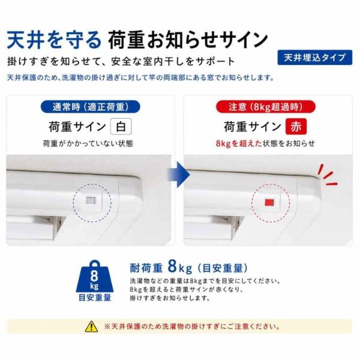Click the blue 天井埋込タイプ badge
click(314, 58)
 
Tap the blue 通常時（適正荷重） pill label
click(90, 107)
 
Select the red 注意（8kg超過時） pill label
click(266, 107)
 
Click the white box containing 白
click(121, 126)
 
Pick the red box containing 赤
click(296, 126)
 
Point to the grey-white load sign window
click(91, 200)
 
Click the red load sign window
click(269, 202)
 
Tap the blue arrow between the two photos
click(179, 175)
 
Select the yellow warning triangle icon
click(91, 326)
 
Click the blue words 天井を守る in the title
click(54, 40)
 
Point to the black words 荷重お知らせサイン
click(188, 40)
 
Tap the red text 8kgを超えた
click(239, 143)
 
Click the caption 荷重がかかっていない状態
click(88, 143)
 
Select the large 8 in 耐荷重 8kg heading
click(172, 266)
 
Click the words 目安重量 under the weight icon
click(95, 298)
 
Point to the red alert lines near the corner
click(328, 175)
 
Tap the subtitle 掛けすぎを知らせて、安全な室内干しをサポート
click(121, 62)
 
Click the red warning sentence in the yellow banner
click(192, 326)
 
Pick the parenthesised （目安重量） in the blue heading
click(223, 268)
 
